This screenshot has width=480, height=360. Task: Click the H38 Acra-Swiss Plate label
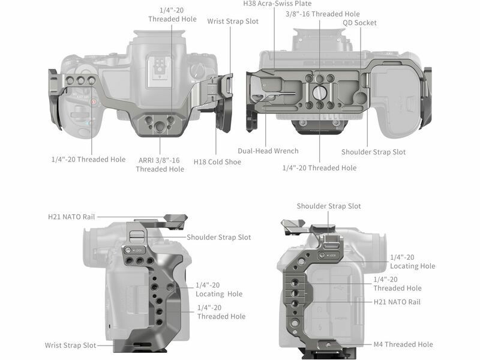tap(277, 4)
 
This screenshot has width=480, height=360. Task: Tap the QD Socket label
tap(359, 23)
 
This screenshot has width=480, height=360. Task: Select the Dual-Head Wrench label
tap(268, 151)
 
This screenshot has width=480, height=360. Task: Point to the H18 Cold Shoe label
tap(217, 162)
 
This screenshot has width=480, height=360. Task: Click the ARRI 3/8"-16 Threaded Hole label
tap(160, 164)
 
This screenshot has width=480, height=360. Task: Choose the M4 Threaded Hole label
tap(403, 344)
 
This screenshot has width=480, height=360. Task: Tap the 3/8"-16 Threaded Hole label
tap(323, 14)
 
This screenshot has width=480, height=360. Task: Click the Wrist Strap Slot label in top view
tap(233, 22)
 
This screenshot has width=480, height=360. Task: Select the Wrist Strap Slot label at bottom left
tap(70, 346)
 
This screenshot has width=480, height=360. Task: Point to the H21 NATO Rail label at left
tap(71, 217)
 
